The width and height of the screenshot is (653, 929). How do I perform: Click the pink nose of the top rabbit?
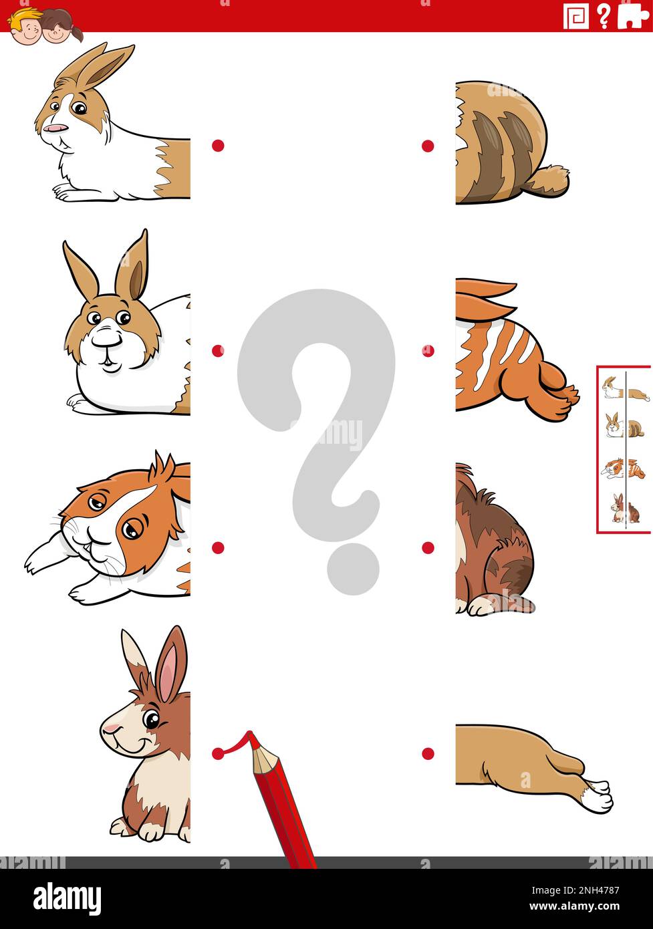tap(55, 127)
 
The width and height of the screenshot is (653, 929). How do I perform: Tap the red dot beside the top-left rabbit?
tap(218, 145)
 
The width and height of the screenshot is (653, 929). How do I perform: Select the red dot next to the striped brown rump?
tap(428, 146)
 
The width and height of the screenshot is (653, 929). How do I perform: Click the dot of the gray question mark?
tap(353, 568)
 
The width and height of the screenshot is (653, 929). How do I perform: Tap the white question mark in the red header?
tap(604, 16)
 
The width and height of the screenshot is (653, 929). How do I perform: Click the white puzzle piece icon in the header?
tap(632, 15)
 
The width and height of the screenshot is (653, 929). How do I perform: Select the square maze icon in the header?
tap(575, 16)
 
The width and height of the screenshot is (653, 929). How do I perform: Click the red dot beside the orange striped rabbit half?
tap(428, 350)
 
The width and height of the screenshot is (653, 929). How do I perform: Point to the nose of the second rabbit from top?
tap(106, 340)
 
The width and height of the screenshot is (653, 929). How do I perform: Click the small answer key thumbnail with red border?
tap(624, 448)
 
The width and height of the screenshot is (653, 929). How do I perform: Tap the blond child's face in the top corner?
tap(25, 26)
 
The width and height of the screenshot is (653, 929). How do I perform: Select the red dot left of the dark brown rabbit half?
tap(428, 547)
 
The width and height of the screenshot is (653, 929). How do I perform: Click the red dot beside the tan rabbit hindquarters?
tap(428, 753)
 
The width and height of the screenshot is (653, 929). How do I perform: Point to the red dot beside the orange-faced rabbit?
tap(218, 547)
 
